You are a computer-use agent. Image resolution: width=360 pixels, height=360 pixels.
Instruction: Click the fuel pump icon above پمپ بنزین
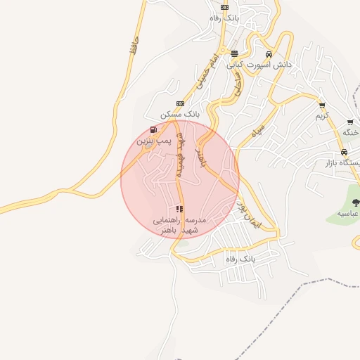coord(153,130)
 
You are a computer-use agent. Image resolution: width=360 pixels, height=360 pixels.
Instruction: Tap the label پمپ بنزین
coord(153,141)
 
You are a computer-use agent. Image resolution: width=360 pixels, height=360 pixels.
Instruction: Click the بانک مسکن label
coord(181,114)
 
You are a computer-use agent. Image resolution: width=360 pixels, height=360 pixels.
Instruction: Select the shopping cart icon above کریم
coord(322,105)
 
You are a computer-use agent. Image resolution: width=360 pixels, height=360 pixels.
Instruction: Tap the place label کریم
coord(322,115)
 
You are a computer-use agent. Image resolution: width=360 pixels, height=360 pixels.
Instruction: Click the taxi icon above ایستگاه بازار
coord(343,152)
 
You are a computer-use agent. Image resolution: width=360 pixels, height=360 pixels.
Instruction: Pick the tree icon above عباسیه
coord(355,202)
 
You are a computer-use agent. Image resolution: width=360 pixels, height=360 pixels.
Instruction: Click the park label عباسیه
coord(349,212)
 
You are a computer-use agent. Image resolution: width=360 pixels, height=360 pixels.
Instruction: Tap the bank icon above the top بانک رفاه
coord(224,7)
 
